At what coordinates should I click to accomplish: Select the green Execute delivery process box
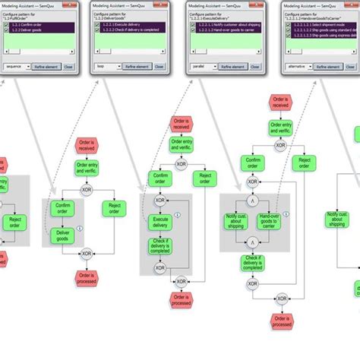tap(159, 221)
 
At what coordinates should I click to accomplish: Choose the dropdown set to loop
tap(110, 67)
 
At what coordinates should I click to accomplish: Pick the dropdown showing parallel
tap(205, 67)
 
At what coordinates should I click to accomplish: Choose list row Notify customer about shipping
tap(228, 26)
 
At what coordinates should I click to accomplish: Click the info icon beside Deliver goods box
tap(79, 226)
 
